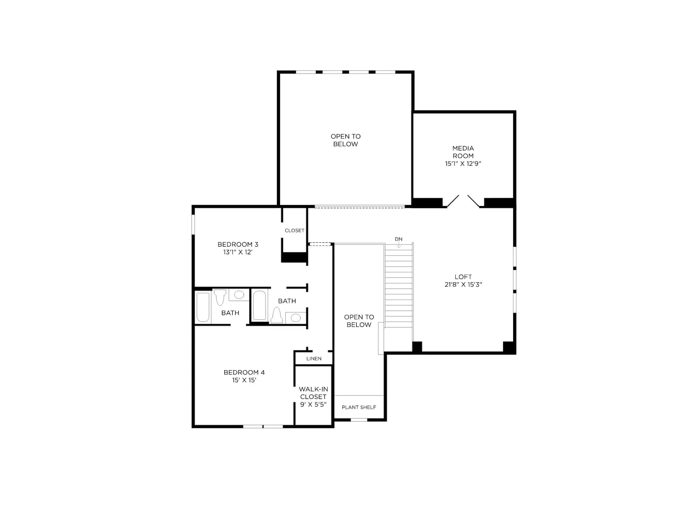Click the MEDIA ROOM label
463,152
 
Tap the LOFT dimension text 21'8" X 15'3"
463,284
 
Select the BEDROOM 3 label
238,245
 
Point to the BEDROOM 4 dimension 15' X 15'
244,380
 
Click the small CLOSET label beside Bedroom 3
294,231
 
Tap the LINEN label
314,359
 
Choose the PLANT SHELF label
359,407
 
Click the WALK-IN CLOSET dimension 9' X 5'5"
313,405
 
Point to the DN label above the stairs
399,239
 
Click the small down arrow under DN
399,245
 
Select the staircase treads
399,286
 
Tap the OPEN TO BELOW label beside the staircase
359,321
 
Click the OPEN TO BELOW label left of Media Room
345,140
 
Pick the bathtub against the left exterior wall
203,307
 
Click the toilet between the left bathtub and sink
220,297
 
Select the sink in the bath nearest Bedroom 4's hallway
296,318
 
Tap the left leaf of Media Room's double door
452,201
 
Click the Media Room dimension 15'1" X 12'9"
463,164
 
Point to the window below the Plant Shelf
359,420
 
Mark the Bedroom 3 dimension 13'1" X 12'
238,252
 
